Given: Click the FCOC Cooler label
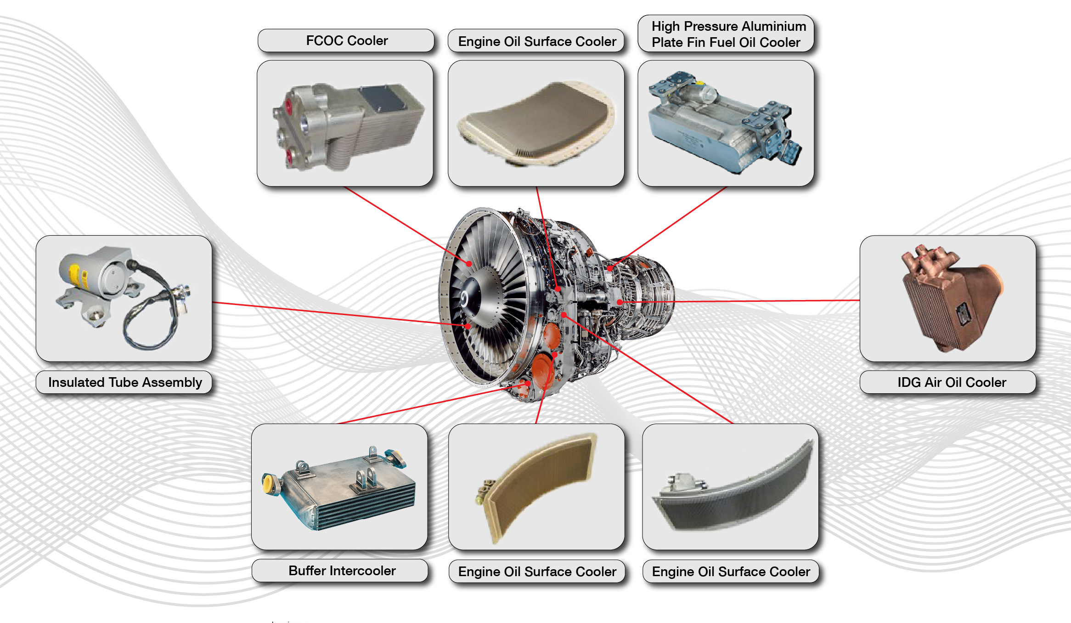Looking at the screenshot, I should click(x=347, y=41).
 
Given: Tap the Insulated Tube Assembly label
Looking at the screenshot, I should click(x=125, y=382).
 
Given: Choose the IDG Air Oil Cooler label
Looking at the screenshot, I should click(x=952, y=382).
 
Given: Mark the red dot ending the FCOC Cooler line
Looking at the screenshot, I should click(x=469, y=264).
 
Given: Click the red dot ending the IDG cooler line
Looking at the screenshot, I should click(x=620, y=302).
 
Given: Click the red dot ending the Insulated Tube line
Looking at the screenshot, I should click(x=468, y=326).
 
